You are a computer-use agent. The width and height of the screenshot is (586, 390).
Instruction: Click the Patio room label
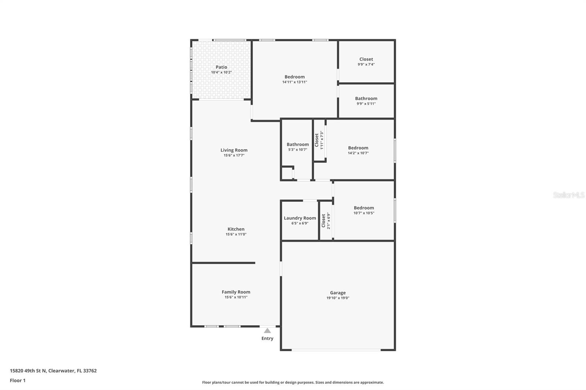pos(221,67)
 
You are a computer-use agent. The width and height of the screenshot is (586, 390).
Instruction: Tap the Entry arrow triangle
pos(267,331)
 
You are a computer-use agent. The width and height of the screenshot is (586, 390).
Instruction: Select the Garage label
pos(338,293)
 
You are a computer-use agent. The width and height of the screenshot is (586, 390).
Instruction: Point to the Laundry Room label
pos(300,218)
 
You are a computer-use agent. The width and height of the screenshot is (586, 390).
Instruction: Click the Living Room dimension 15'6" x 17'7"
pos(234,155)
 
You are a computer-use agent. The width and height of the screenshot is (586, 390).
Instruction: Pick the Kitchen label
pos(236,229)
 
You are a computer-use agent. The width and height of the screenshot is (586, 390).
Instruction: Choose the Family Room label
pos(236,292)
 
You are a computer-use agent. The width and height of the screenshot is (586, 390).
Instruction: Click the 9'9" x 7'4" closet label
pos(366,59)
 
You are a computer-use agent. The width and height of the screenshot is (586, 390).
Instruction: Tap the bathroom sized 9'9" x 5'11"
pos(366,98)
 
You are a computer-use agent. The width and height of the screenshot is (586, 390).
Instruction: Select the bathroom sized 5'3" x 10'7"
pos(297,145)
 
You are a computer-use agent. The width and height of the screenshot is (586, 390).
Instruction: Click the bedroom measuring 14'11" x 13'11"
pos(294,77)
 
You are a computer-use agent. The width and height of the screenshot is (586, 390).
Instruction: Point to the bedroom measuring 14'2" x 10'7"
pos(358,148)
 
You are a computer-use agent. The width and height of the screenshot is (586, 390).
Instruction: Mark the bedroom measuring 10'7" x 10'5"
pos(364,208)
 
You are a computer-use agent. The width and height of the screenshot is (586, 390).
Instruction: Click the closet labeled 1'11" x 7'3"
pos(317,140)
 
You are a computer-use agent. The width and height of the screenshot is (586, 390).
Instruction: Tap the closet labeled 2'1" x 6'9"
pos(323,221)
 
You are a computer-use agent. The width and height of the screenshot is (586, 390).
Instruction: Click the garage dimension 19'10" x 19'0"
pos(338,298)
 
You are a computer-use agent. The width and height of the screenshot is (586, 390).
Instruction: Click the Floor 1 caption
pos(18,380)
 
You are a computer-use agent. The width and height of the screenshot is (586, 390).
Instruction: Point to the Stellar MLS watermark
pos(568,195)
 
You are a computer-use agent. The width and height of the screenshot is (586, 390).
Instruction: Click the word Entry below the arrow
pos(267,338)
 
